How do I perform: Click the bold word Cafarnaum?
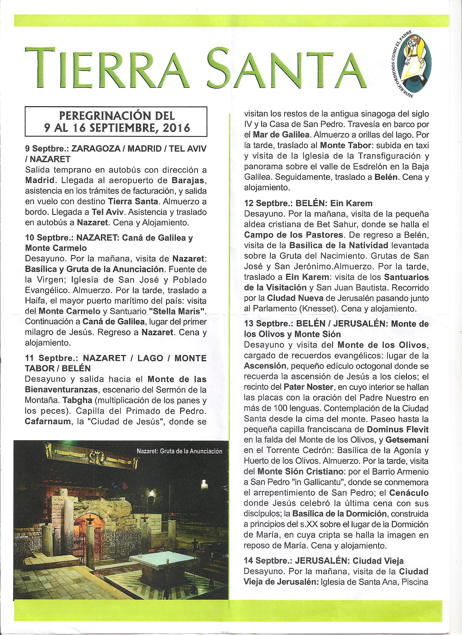pos(47,421)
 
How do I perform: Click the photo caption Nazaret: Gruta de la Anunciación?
pos(179,451)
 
